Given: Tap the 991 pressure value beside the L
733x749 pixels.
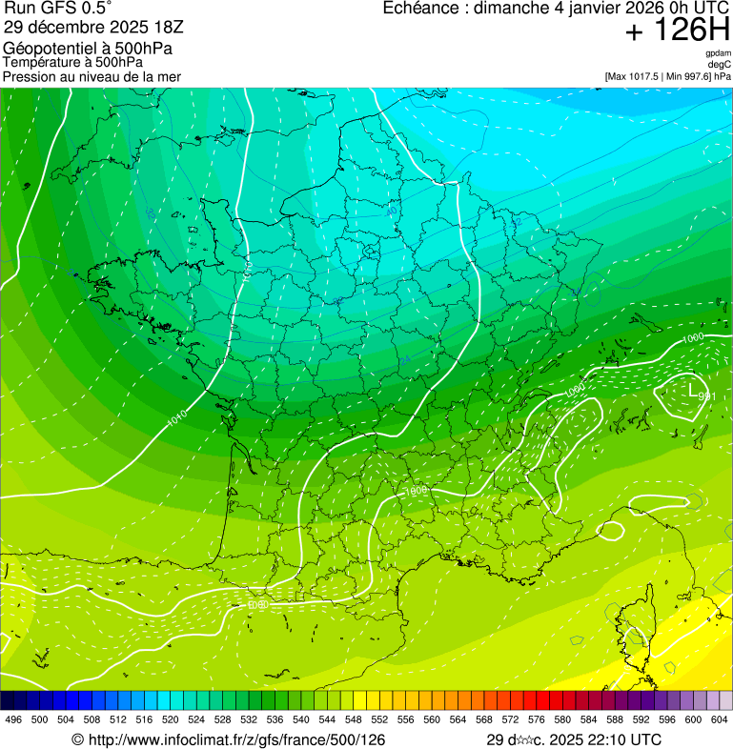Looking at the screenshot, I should point(706,396).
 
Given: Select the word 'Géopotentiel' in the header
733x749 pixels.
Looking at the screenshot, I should point(48,49).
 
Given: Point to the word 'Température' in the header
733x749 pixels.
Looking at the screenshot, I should point(42,63).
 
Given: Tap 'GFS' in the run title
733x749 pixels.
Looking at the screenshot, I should point(54,9).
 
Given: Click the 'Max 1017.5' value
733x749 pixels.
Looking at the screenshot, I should point(635,75).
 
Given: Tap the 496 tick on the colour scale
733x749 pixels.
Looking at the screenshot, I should point(13,719).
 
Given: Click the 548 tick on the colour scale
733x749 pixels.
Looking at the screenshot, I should point(353,719).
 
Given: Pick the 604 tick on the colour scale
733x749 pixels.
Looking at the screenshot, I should point(719,719).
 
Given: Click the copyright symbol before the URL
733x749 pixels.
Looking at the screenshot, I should point(77,739).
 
